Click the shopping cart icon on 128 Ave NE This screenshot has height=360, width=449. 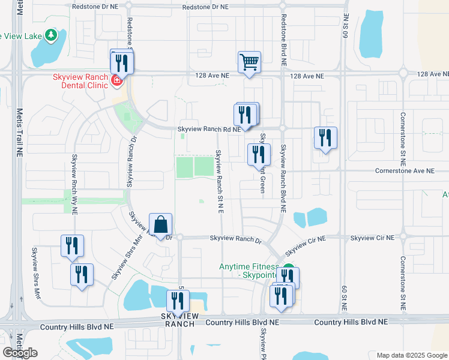250,62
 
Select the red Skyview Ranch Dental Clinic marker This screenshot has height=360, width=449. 116,79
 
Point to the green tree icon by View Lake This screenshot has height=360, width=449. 52,35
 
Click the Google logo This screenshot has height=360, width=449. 20,353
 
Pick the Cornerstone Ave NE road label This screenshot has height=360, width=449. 403,171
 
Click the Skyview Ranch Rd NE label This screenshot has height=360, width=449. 209,129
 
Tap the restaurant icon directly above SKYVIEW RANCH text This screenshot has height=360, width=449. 178,301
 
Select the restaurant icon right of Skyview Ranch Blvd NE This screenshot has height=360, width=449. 325,137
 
